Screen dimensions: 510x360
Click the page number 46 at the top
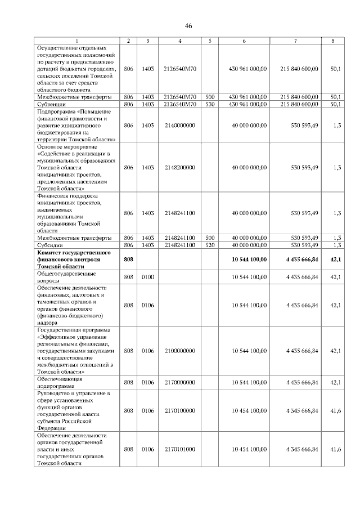[188, 26]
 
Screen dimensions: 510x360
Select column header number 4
[179, 41]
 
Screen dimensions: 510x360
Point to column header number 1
[78, 41]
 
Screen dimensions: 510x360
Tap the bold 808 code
[128, 259]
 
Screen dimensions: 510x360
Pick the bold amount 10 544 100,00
[249, 259]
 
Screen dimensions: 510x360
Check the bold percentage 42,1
[335, 259]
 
